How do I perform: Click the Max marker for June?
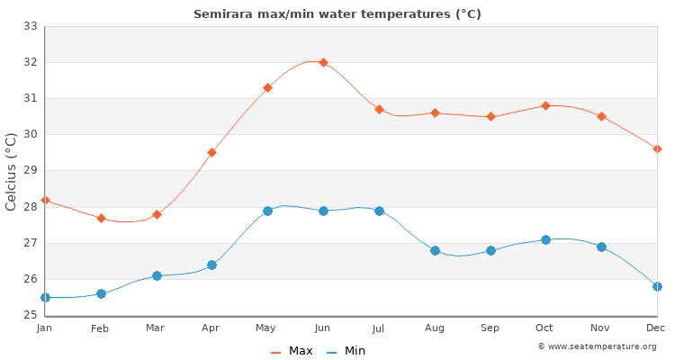pos(323,62)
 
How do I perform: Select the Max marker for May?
pos(267,87)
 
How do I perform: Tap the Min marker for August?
pos(435,250)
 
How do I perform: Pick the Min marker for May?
pos(267,211)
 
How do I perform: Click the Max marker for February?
pos(101,218)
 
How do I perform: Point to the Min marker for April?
pos(211,265)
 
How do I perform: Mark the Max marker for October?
pos(545,105)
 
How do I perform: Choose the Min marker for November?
pos(601,247)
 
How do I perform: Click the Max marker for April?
pos(211,152)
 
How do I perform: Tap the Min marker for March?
pos(157,275)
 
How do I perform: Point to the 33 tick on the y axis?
pos(31,26)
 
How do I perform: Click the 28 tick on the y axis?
pos(31,207)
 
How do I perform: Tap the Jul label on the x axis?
pos(379,328)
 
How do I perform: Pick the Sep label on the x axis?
pos(490,328)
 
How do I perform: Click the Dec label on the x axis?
pos(657,328)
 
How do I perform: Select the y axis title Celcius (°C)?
pos(12,171)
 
